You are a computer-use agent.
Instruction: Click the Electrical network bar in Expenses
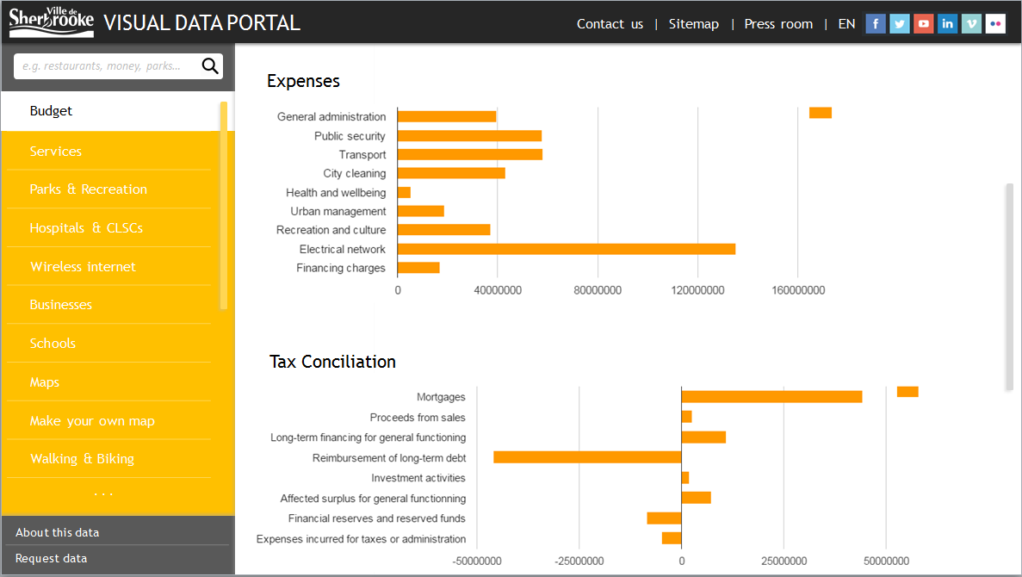pos(566,249)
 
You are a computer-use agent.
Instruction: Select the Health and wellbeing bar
pos(404,193)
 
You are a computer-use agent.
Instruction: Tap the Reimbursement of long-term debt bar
pos(586,457)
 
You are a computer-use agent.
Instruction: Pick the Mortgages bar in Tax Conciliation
pos(771,397)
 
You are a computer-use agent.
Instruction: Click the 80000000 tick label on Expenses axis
pos(598,291)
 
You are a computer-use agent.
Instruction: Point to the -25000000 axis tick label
pos(579,561)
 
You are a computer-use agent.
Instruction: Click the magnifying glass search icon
pos(209,66)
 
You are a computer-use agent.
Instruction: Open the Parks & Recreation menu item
pos(89,189)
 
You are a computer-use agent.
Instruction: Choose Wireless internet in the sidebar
pos(83,267)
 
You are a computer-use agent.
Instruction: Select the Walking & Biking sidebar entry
pos(82,459)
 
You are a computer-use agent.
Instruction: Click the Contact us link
pos(610,24)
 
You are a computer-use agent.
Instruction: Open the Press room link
pos(778,24)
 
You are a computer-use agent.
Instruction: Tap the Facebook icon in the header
pos(875,24)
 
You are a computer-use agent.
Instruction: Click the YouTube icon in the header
pos(923,24)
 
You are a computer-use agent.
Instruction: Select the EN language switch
pos(846,24)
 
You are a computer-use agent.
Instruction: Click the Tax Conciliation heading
pos(332,362)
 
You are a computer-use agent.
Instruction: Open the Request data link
pos(51,558)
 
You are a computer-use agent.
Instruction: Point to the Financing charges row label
pos(341,268)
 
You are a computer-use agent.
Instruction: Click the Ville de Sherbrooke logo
pos(51,22)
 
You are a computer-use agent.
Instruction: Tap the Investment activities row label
pos(418,478)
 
